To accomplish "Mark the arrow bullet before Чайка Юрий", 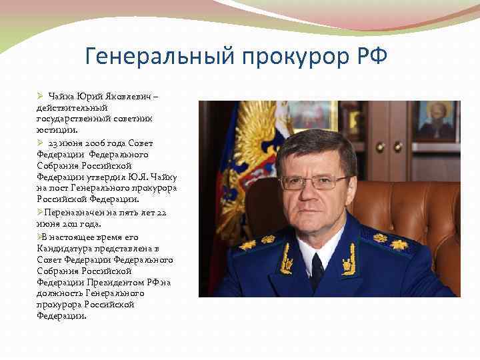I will pos(40,98).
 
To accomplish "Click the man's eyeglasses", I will pos(316,181).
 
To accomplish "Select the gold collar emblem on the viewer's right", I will pos(349,260).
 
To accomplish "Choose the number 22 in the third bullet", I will pos(160,212).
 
